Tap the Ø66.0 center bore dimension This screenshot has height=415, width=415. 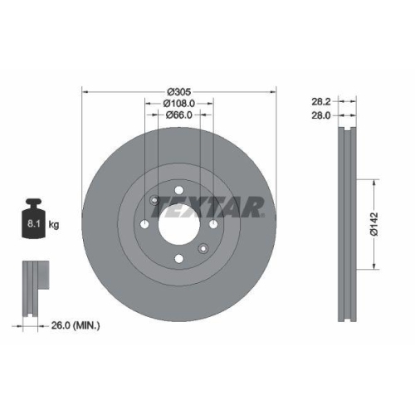178,115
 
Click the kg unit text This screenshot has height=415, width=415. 55,225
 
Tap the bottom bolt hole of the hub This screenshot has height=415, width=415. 178,258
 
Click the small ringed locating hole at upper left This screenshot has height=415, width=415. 154,199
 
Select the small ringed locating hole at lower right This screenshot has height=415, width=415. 203,247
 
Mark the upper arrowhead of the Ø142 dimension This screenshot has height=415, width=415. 374,181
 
